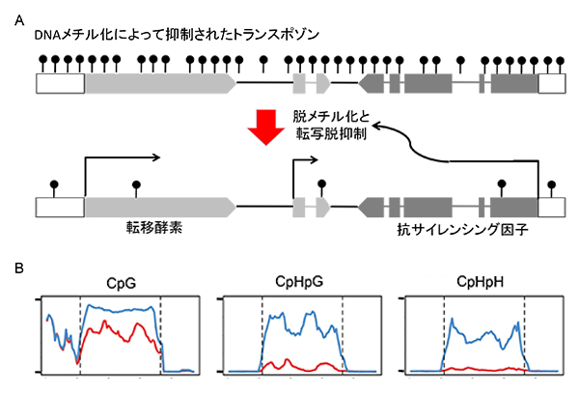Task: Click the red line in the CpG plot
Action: tap(116, 334)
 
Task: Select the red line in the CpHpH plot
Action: tap(482, 367)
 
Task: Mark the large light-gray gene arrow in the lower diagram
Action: tap(159, 206)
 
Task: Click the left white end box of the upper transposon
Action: tap(60, 84)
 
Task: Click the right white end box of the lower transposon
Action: tap(551, 206)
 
